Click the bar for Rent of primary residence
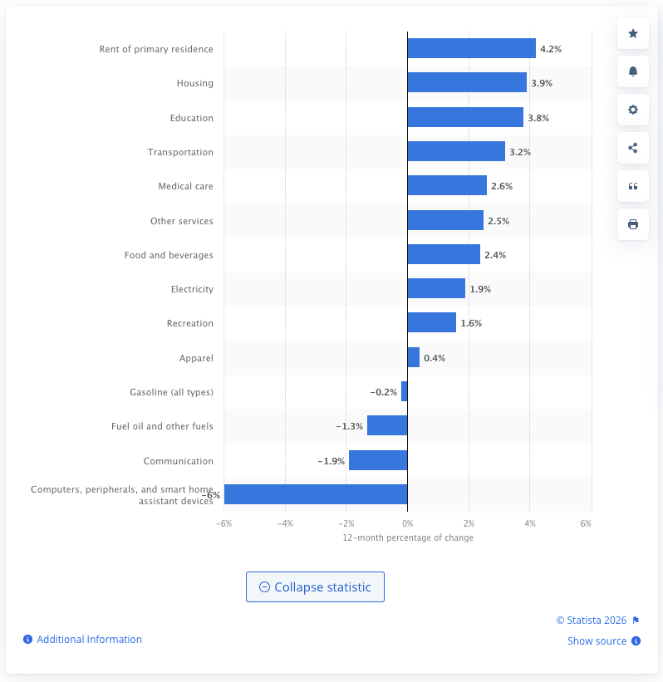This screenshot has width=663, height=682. coord(471,49)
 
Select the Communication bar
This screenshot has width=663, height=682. coord(378,461)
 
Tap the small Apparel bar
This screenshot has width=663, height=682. coord(413,358)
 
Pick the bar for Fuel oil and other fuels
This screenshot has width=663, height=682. coord(387,426)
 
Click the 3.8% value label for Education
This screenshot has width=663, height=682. coord(538,118)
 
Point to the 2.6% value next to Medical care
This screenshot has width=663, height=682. coord(502,186)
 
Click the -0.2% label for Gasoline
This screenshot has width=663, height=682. coord(383,392)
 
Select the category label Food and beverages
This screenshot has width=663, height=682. coord(169,255)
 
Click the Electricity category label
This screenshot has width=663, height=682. coord(192,289)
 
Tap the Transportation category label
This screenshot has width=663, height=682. coord(180,152)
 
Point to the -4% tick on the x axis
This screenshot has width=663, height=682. coord(285,523)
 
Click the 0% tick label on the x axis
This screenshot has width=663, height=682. coord(407,523)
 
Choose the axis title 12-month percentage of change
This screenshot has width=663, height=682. coord(408,537)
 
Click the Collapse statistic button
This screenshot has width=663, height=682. coord(315,586)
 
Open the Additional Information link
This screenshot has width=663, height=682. coord(89,640)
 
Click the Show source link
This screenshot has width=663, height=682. coord(597,640)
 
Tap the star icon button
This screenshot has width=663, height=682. coord(633,33)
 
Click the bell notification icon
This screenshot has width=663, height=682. coord(633,71)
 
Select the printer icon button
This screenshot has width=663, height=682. coord(633,224)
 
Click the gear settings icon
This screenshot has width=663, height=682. coord(633,110)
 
